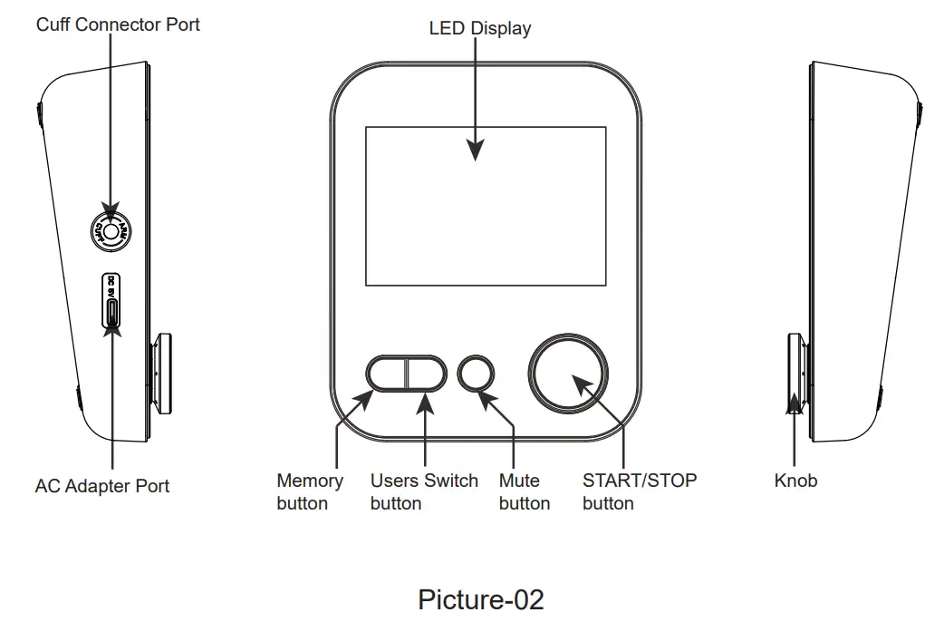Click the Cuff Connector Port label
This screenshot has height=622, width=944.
(x=118, y=24)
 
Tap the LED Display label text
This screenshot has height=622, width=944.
(x=479, y=28)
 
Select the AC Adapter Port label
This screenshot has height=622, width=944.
(x=102, y=486)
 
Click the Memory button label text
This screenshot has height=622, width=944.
(x=309, y=491)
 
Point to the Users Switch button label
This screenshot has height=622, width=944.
(x=423, y=491)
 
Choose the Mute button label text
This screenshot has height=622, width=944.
(x=524, y=491)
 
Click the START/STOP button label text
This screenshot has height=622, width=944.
(x=639, y=491)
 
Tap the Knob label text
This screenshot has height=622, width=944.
(x=795, y=481)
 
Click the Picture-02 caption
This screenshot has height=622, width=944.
(x=480, y=599)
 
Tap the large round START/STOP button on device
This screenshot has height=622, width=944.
(x=568, y=373)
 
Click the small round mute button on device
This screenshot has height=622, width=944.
(x=477, y=373)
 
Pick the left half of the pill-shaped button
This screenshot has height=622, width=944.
(x=387, y=373)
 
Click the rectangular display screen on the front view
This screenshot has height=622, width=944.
(x=485, y=206)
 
